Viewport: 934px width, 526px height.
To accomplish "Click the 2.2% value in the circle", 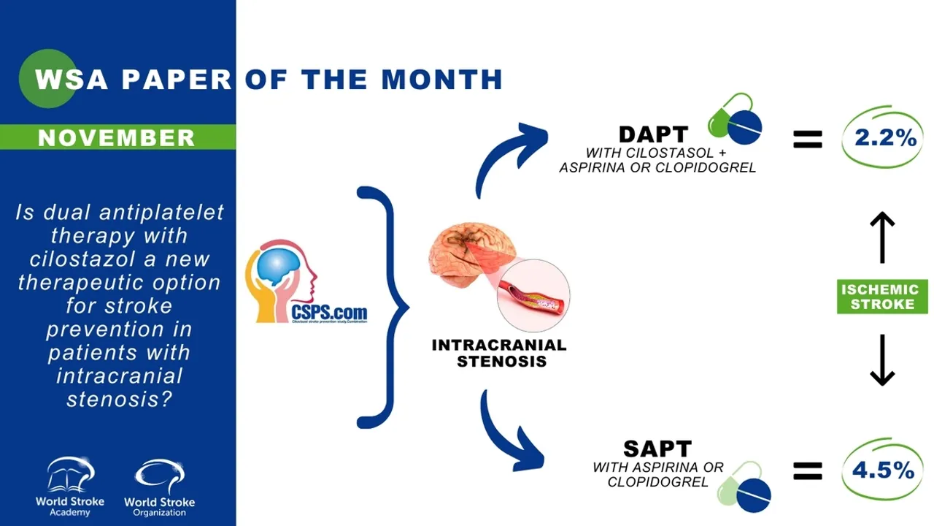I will (x=884, y=137).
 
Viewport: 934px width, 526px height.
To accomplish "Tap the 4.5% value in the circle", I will (x=883, y=470).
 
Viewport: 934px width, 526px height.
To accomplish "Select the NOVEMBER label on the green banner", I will (x=116, y=137).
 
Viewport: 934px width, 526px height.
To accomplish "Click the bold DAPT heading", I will (x=653, y=134).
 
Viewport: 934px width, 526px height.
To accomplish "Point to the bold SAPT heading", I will (x=657, y=448).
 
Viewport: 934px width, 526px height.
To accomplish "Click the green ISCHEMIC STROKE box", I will (x=882, y=297).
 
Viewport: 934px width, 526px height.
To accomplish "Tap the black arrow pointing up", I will (x=882, y=237).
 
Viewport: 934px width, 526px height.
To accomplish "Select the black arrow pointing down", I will (x=882, y=359).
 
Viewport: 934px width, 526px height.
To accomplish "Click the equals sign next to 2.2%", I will (x=807, y=139).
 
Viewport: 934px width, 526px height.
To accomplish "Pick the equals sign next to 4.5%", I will (x=807, y=472).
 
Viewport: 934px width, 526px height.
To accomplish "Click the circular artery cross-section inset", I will (x=533, y=296).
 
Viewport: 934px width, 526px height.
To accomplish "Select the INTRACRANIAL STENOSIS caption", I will (x=499, y=353).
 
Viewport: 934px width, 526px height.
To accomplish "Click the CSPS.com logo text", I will (x=329, y=313).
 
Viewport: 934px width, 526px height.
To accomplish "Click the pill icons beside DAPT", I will (x=735, y=119).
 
